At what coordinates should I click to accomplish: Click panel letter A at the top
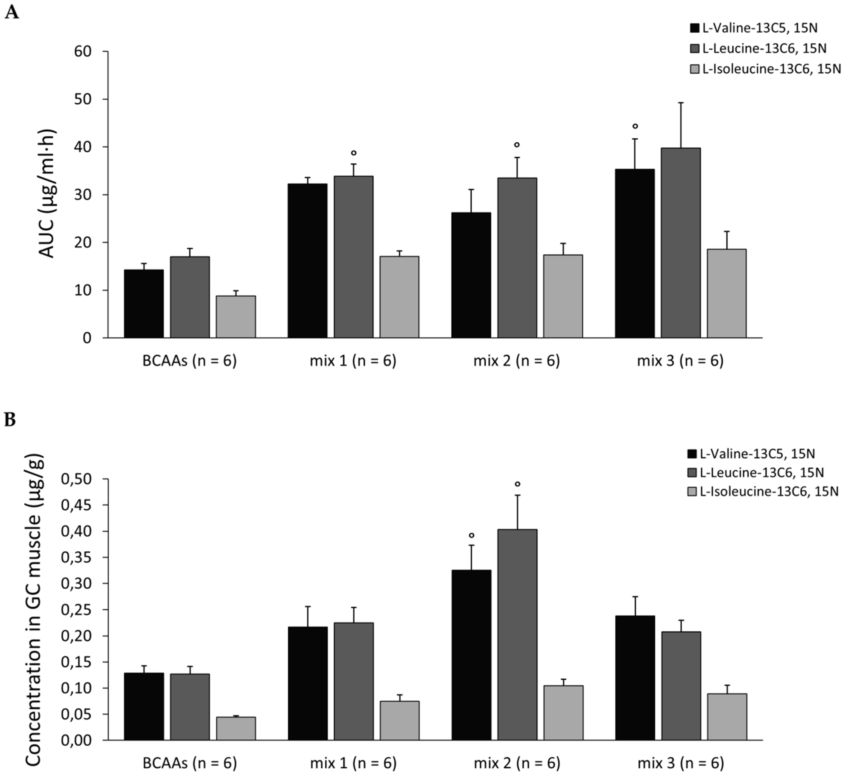point(12,12)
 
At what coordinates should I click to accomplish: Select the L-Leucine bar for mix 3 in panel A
point(680,243)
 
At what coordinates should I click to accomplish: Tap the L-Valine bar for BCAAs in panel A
point(144,304)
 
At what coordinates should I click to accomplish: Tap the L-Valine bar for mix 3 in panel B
point(635,678)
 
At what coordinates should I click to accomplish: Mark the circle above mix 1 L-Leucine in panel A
point(354,153)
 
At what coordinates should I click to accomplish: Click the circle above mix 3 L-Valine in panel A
point(635,126)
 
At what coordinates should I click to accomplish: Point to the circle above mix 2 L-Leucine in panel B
point(517,484)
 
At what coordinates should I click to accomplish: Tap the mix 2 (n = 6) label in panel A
point(516,361)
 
